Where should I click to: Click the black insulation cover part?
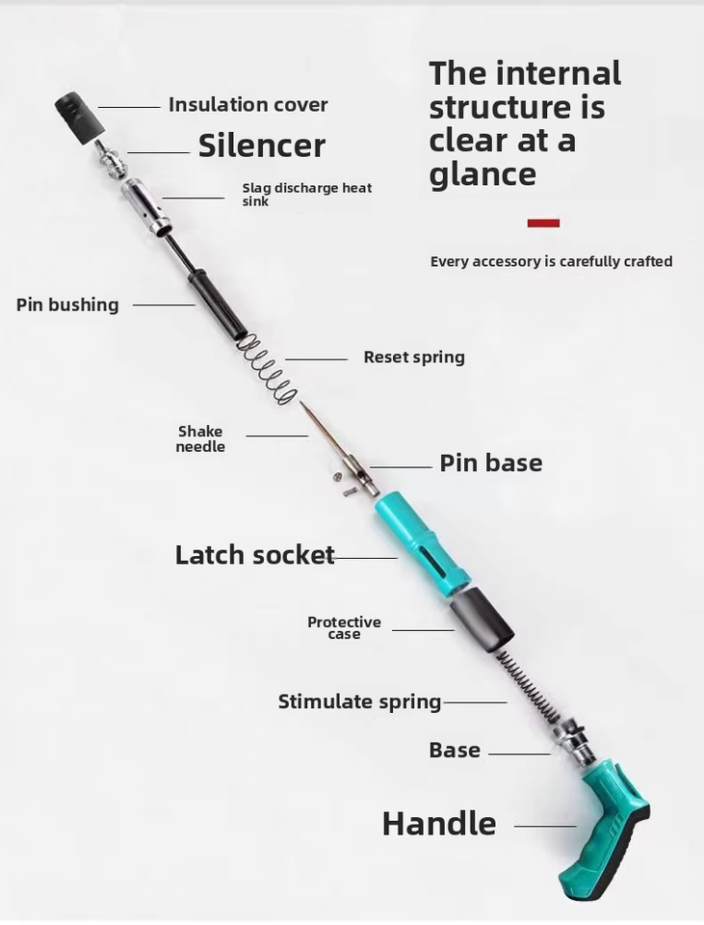(80, 117)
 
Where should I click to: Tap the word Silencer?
(262, 145)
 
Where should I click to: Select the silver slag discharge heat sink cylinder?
(146, 208)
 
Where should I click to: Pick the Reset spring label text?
(414, 357)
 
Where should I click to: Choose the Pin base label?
(490, 463)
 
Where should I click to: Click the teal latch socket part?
(422, 542)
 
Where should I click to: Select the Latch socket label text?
(254, 555)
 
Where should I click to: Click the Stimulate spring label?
(359, 702)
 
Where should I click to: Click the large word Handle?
(439, 824)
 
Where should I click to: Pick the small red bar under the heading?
(543, 223)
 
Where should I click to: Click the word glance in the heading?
(482, 174)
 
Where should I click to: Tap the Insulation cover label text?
(248, 105)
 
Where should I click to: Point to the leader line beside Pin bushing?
(164, 305)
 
